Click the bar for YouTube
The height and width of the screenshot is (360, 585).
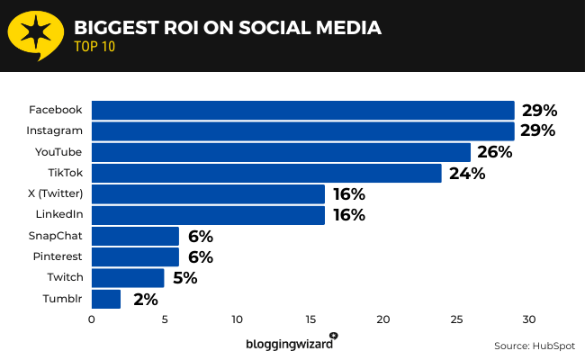pyautogui.click(x=281, y=152)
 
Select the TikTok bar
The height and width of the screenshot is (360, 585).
pyautogui.click(x=266, y=173)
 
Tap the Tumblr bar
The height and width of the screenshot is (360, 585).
pyautogui.click(x=106, y=299)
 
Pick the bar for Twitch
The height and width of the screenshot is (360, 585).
pyautogui.click(x=128, y=278)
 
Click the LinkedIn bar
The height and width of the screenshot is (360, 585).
pyautogui.click(x=208, y=215)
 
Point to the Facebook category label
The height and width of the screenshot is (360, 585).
pyautogui.click(x=56, y=110)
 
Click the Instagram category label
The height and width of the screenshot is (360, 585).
pyautogui.click(x=56, y=130)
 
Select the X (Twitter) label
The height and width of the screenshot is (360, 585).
pyautogui.click(x=56, y=193)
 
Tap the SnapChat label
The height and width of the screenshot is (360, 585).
pyautogui.click(x=56, y=236)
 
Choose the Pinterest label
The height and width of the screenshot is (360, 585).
pyautogui.click(x=56, y=256)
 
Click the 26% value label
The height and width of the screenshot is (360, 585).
pyautogui.click(x=494, y=152)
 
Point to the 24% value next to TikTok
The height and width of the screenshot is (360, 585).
pyautogui.click(x=465, y=173)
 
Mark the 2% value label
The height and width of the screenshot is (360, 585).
pyautogui.click(x=145, y=299)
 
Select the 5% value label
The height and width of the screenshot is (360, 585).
pyautogui.click(x=184, y=278)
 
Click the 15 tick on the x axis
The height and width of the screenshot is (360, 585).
pyautogui.click(x=310, y=319)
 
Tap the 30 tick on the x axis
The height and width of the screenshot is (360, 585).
pyautogui.click(x=529, y=319)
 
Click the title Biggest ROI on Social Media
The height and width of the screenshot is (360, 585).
pyautogui.click(x=227, y=28)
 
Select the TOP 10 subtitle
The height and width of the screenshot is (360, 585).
pyautogui.click(x=94, y=48)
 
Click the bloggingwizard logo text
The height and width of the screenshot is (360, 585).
pyautogui.click(x=290, y=344)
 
